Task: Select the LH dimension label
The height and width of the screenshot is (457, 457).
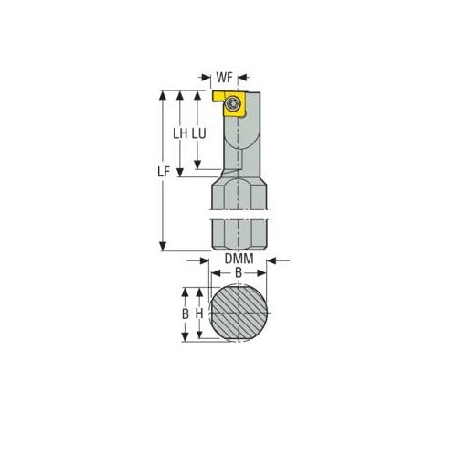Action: tap(181, 133)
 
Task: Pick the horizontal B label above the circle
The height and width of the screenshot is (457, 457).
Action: tap(238, 273)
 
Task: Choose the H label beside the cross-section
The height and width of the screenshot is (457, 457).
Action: tap(198, 313)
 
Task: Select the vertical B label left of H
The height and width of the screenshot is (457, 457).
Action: tap(185, 313)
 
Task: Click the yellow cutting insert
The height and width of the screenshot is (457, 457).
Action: tap(230, 102)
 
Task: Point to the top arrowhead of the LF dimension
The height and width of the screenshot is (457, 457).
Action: tap(163, 94)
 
